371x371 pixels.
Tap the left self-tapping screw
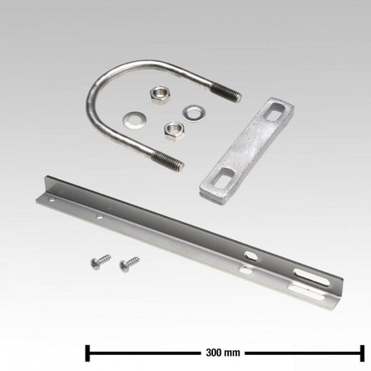pyautogui.click(x=99, y=262)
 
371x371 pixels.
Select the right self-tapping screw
pyautogui.click(x=127, y=264)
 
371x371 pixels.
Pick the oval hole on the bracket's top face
pyautogui.click(x=252, y=256)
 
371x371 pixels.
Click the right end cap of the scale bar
pyautogui.click(x=362, y=353)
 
